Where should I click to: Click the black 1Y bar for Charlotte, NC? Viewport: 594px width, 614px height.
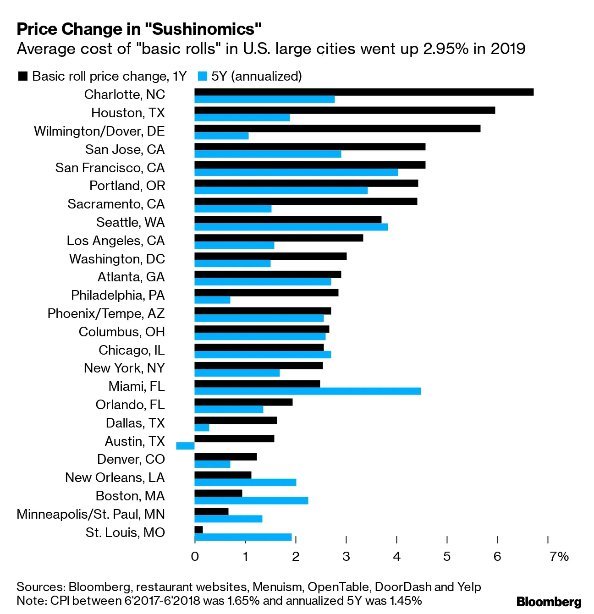pyautogui.click(x=364, y=92)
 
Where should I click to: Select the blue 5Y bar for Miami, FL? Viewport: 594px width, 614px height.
pyautogui.click(x=308, y=391)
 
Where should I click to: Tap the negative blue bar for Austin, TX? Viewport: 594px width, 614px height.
pyautogui.click(x=185, y=446)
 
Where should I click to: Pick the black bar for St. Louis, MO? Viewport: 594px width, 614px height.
pyautogui.click(x=198, y=530)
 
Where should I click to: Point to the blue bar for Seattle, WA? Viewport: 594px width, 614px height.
pyautogui.click(x=291, y=227)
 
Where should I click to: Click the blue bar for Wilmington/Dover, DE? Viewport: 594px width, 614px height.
pyautogui.click(x=221, y=136)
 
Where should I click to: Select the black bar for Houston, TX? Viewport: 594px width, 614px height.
pyautogui.click(x=345, y=110)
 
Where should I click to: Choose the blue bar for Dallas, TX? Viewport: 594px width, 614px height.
pyautogui.click(x=202, y=428)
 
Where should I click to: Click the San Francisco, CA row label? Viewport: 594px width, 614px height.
pyautogui.click(x=110, y=168)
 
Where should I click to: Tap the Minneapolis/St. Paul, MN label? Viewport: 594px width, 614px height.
pyautogui.click(x=91, y=514)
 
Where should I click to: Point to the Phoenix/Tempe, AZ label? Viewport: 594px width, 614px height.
pyautogui.click(x=106, y=313)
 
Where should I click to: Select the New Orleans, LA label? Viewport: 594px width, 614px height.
pyautogui.click(x=115, y=477)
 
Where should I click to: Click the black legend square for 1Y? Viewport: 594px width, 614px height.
pyautogui.click(x=22, y=76)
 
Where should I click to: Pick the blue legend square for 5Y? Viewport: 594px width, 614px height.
pyautogui.click(x=202, y=76)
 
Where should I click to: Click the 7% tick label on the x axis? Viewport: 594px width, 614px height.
pyautogui.click(x=559, y=556)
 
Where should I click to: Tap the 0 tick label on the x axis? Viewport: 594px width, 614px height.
pyautogui.click(x=195, y=556)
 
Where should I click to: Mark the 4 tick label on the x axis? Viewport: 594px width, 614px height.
pyautogui.click(x=396, y=556)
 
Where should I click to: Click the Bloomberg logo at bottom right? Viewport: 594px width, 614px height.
pyautogui.click(x=549, y=602)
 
